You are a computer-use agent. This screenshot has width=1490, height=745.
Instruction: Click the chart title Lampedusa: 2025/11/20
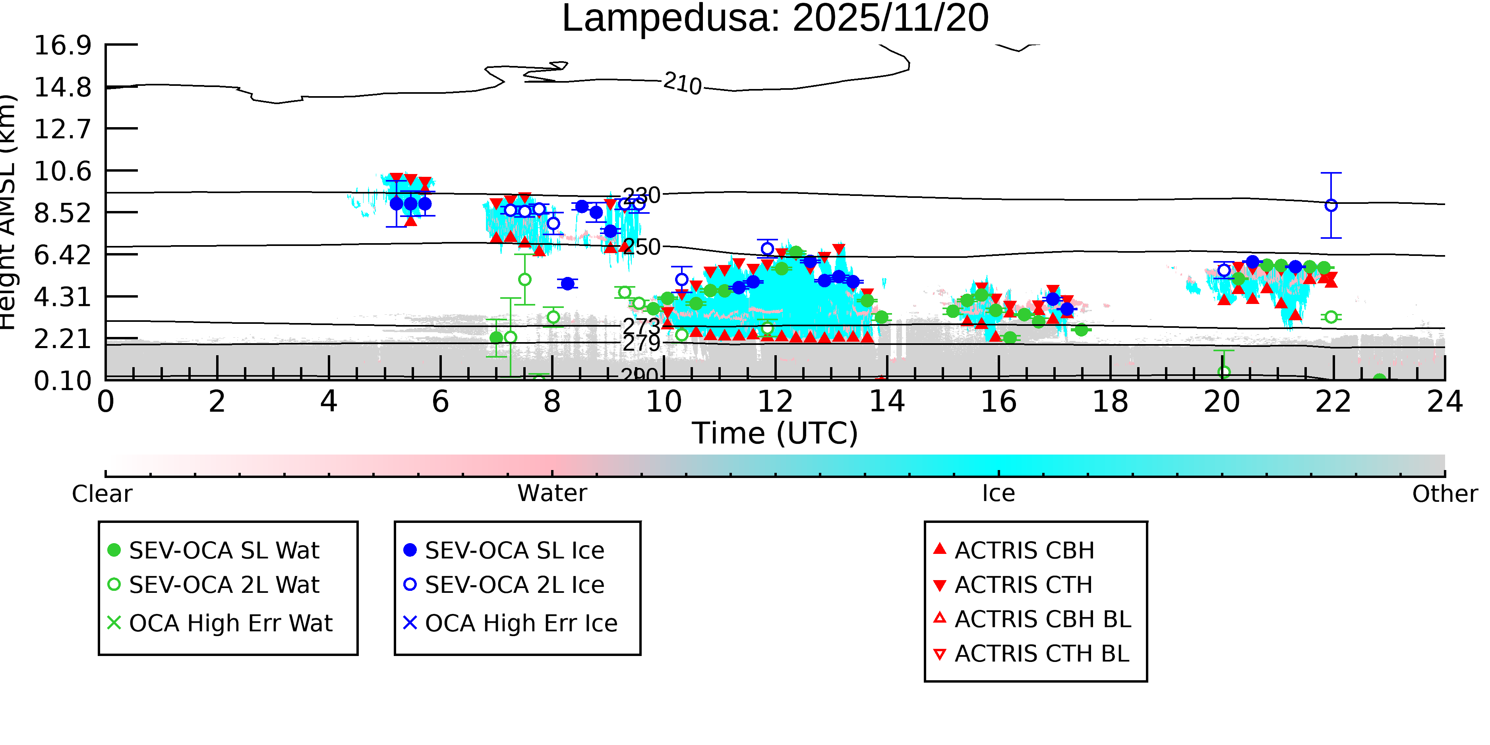[x=775, y=19]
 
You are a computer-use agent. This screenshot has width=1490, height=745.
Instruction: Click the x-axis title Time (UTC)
[x=775, y=433]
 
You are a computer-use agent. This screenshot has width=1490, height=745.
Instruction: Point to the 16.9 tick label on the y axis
[x=62, y=45]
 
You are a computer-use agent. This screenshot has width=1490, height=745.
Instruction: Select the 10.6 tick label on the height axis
[x=62, y=171]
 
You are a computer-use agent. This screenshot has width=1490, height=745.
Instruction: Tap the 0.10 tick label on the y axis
[x=62, y=381]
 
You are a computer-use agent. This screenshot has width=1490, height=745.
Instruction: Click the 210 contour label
[x=683, y=83]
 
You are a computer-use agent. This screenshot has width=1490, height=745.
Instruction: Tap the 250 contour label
[x=642, y=248]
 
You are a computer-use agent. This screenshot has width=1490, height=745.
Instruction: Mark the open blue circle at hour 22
[x=1331, y=205]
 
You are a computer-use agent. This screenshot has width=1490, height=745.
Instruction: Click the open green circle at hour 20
[x=1224, y=372]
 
